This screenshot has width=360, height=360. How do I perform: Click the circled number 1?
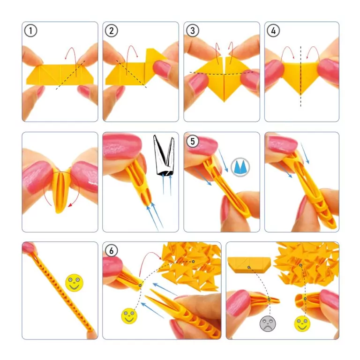tap(30, 31)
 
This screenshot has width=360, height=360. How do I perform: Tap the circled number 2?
tap(111, 31)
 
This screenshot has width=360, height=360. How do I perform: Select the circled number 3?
tap(192, 31)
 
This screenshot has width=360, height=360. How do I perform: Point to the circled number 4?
tap(273, 31)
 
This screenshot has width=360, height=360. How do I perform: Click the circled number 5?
tap(192, 141)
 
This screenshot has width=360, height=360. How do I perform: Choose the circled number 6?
tap(111, 251)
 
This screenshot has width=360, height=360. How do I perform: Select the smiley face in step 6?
tap(129, 315)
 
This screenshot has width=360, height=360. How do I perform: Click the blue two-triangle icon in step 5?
tap(240, 167)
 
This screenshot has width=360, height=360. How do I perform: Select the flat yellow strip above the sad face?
tap(248, 266)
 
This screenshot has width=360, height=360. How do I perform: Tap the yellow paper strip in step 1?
tap(56, 74)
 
